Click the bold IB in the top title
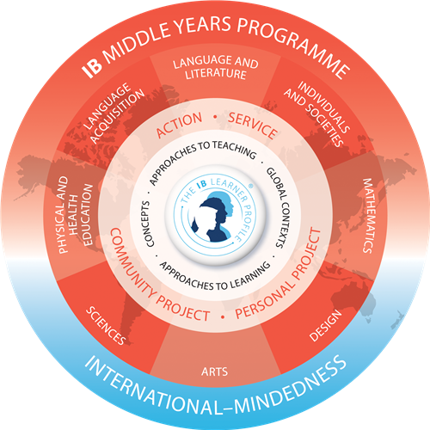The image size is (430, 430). click(92, 69)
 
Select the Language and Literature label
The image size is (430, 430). click(216, 67)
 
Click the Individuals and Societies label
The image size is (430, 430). click(316, 114)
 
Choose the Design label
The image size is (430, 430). click(326, 325)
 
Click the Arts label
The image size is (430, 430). click(215, 372)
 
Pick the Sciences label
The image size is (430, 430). click(106, 326)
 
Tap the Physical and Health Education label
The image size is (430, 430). click(76, 215)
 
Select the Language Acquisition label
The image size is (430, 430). click(114, 113)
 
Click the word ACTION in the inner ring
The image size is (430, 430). click(179, 125)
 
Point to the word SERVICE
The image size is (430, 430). click(253, 126)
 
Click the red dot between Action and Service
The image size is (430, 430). click(215, 117)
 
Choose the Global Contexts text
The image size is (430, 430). click(279, 207)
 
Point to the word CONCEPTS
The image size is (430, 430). click(148, 224)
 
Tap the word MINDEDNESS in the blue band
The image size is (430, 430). click(291, 385)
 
